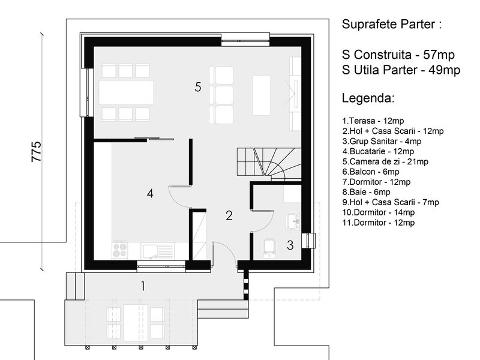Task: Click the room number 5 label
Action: pyautogui.click(x=198, y=87)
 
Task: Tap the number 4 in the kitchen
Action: pyautogui.click(x=150, y=193)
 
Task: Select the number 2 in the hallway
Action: pyautogui.click(x=229, y=216)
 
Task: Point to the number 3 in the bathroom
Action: pyautogui.click(x=290, y=245)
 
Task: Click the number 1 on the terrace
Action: pyautogui.click(x=143, y=287)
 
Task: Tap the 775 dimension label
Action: pyautogui.click(x=36, y=151)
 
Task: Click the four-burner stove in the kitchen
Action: pyautogui.click(x=120, y=250)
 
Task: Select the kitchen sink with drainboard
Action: pyautogui.click(x=157, y=251)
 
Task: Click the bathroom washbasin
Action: pyautogui.click(x=293, y=221)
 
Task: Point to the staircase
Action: pyautogui.click(x=269, y=163)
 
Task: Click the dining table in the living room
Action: pyautogui.click(x=127, y=92)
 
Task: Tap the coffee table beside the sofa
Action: pyautogui.click(x=262, y=95)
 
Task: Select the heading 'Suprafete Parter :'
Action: pyautogui.click(x=392, y=24)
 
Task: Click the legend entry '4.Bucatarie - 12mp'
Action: pyautogui.click(x=378, y=151)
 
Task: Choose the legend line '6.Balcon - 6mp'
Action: pyautogui.click(x=371, y=172)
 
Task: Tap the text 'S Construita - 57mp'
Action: pyautogui.click(x=398, y=55)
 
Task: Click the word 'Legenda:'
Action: pyautogui.click(x=368, y=98)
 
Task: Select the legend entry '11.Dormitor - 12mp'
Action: pyautogui.click(x=379, y=223)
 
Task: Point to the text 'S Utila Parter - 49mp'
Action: pyautogui.click(x=401, y=70)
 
